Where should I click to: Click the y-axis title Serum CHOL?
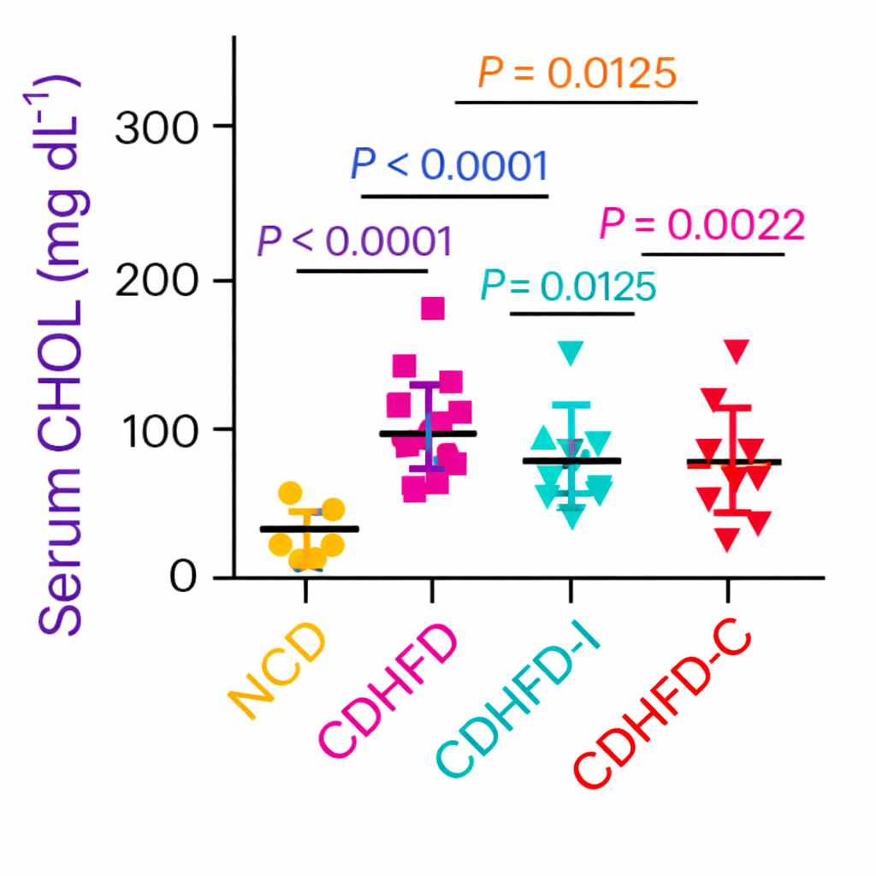[62, 355]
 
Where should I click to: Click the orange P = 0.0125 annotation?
[577, 74]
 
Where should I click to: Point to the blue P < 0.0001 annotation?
[449, 165]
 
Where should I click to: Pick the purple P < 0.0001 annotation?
[354, 242]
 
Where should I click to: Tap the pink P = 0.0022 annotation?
[702, 225]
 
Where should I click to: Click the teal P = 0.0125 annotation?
[568, 287]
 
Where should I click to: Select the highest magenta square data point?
[433, 308]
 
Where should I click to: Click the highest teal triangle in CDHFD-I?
[571, 352]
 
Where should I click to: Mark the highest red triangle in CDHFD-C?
[737, 350]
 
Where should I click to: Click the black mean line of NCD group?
[309, 529]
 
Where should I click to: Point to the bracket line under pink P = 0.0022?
[713, 254]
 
